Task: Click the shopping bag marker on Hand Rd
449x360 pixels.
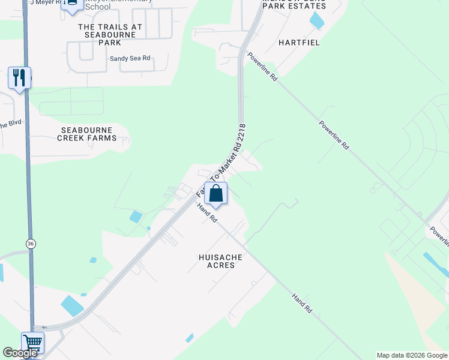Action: [216, 194]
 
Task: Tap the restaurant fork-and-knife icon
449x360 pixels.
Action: [19, 78]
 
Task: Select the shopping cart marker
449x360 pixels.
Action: [33, 344]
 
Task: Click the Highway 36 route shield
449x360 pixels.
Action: [30, 243]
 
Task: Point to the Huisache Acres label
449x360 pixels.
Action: [217, 261]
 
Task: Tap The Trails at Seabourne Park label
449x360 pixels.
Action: [110, 31]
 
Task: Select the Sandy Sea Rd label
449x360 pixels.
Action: [130, 59]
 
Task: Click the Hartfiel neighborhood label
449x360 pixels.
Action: [299, 43]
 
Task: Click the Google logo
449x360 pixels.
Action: [20, 353]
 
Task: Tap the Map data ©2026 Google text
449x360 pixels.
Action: [412, 355]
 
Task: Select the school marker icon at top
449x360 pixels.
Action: [72, 5]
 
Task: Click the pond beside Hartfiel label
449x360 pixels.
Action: [316, 21]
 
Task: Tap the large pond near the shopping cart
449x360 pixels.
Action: [72, 306]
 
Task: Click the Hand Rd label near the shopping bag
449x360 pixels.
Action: [206, 213]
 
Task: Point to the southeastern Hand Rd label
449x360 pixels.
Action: [302, 304]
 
